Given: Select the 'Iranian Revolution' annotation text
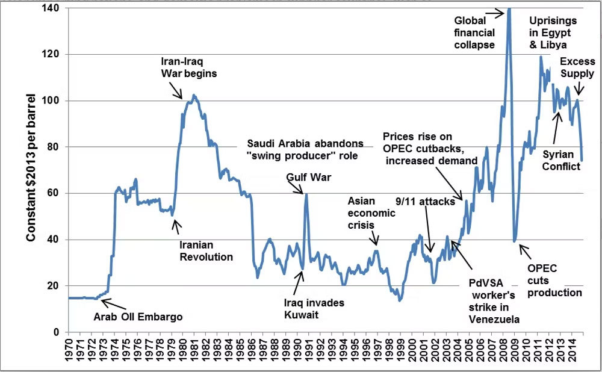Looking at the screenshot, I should click(x=206, y=250).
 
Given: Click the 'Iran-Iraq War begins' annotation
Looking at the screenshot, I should click(x=188, y=67).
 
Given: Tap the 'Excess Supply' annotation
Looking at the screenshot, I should click(x=577, y=67).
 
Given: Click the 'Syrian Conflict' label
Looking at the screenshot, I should click(x=561, y=160).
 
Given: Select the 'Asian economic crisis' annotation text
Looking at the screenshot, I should click(x=371, y=212).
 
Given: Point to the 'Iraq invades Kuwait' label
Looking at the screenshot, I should click(x=314, y=309).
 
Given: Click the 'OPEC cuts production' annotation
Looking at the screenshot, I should click(x=554, y=281).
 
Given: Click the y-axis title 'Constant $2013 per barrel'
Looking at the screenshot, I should click(x=30, y=168).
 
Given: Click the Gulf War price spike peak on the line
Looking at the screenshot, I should click(x=306, y=194).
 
